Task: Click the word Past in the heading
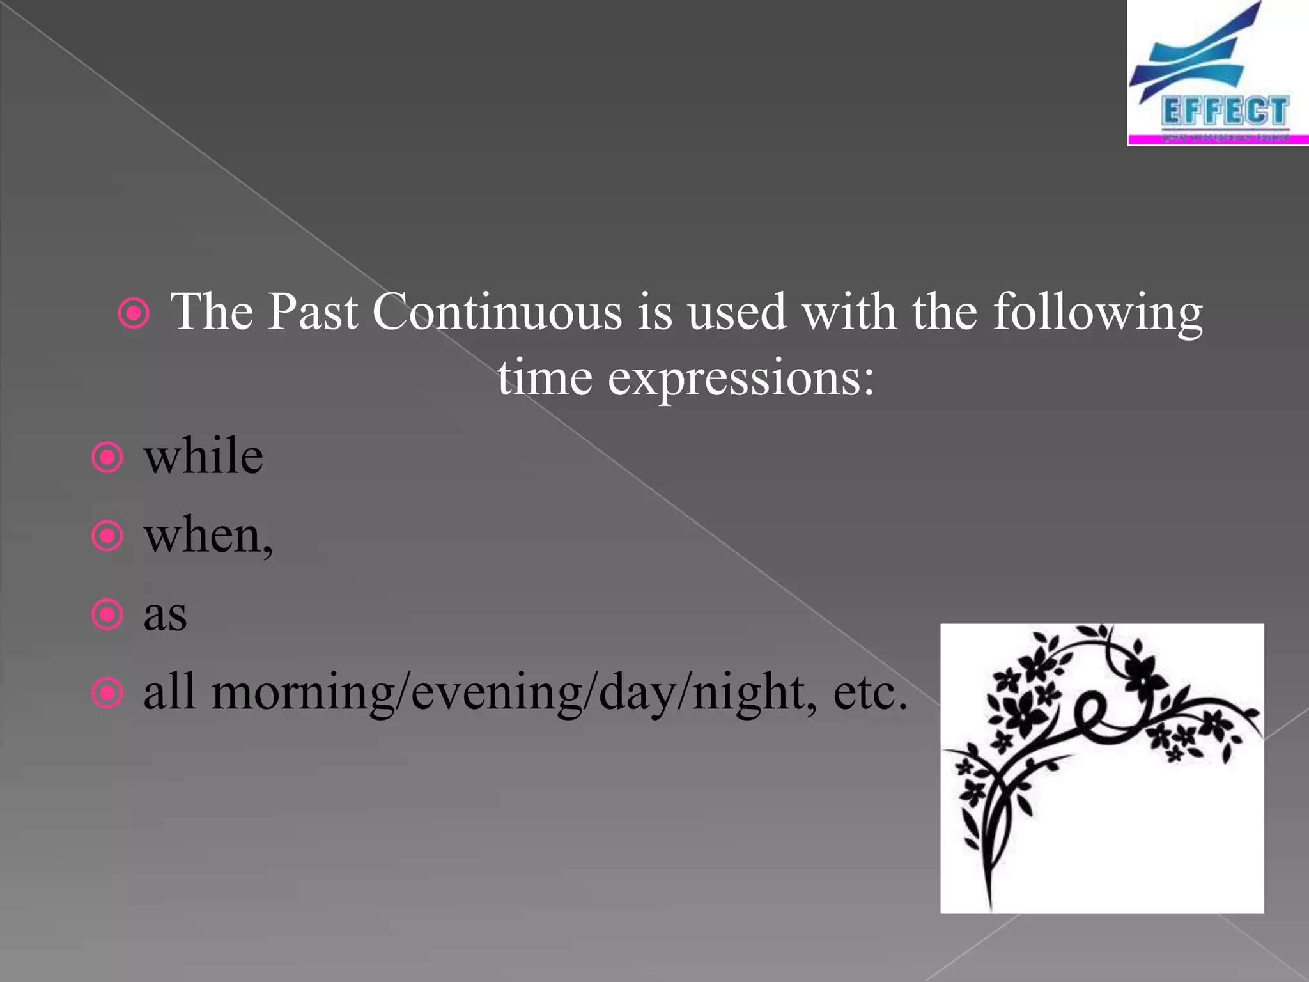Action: click(312, 311)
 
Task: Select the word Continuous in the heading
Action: click(497, 311)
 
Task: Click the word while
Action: click(203, 456)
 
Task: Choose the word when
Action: click(203, 536)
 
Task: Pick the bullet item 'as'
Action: click(165, 614)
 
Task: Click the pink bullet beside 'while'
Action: click(107, 458)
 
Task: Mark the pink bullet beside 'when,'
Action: click(107, 536)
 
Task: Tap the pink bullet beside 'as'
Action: click(107, 615)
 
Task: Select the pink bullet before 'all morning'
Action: click(107, 694)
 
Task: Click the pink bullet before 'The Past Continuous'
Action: click(134, 313)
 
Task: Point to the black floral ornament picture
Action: click(1101, 767)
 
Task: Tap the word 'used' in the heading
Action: click(737, 311)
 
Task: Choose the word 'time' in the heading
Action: click(545, 377)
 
